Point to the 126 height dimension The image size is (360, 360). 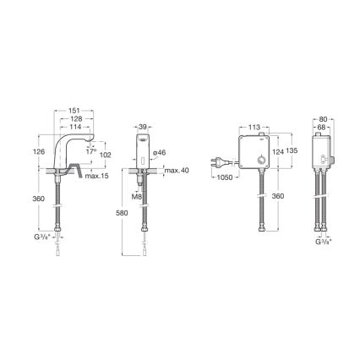pos(37,153)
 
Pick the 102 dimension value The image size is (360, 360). pos(106,155)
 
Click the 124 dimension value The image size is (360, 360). pos(278,152)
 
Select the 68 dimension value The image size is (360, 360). pos(322,127)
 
